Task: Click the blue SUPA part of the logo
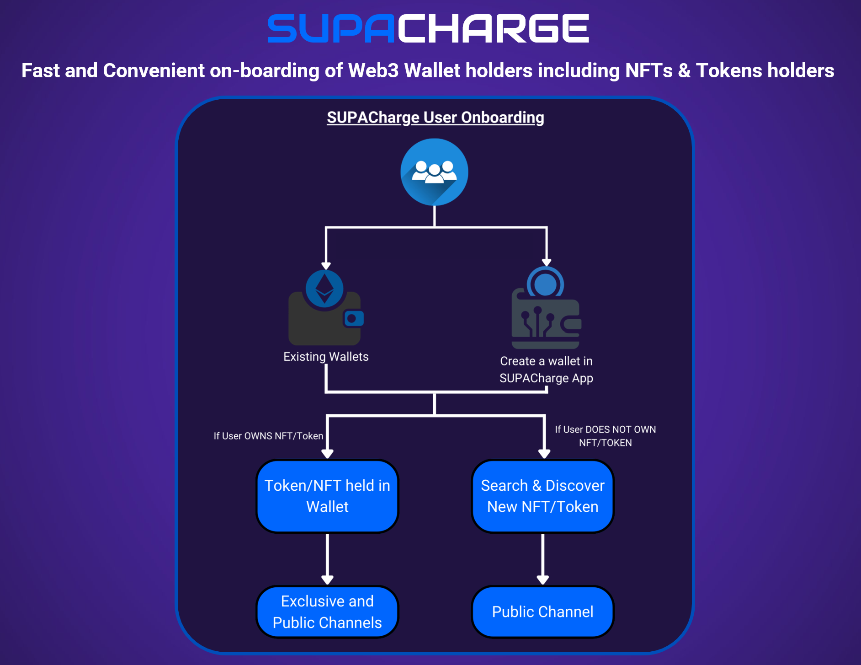click(330, 28)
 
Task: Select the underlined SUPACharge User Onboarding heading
click(435, 118)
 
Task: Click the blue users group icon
click(434, 172)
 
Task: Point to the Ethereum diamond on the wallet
click(324, 289)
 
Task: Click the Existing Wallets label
click(326, 357)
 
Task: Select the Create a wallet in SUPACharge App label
click(546, 370)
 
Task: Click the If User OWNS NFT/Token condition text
click(268, 436)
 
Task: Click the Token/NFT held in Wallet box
click(327, 496)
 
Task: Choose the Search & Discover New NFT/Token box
click(542, 496)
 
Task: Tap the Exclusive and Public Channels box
click(327, 612)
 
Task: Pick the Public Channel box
click(542, 612)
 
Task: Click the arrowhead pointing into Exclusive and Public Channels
click(327, 580)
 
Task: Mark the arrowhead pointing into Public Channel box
click(542, 580)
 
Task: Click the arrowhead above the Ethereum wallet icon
click(326, 266)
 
